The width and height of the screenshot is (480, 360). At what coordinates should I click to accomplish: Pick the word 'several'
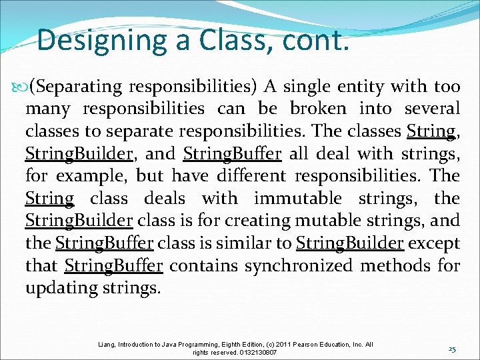(433, 108)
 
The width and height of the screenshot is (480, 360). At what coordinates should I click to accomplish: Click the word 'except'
(434, 243)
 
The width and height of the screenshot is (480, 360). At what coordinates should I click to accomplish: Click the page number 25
(452, 349)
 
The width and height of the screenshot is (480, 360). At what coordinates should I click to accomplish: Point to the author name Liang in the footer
(105, 345)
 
